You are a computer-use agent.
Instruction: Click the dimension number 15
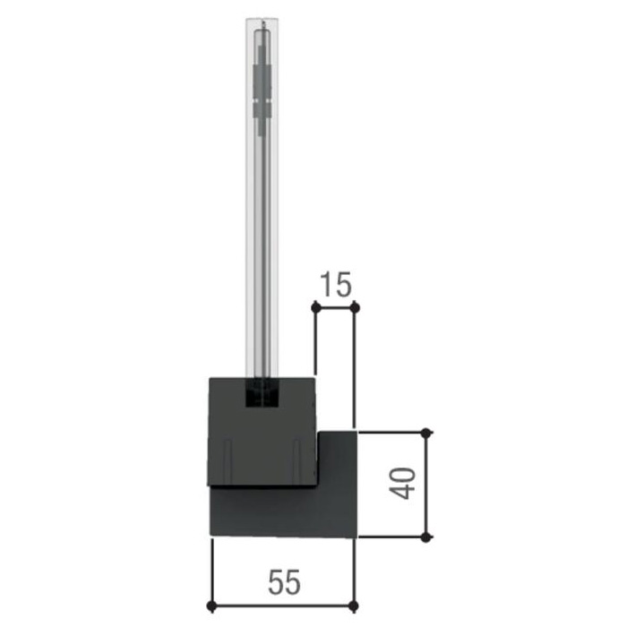pyautogui.click(x=336, y=285)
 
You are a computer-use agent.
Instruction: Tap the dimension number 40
pyautogui.click(x=403, y=484)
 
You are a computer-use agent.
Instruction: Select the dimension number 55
pyautogui.click(x=284, y=582)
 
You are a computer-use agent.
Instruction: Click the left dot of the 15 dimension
pyautogui.click(x=316, y=307)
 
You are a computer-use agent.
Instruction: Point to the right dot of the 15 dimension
pyautogui.click(x=355, y=307)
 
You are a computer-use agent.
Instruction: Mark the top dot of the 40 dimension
pyautogui.click(x=426, y=433)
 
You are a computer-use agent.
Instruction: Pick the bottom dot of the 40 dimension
pyautogui.click(x=426, y=537)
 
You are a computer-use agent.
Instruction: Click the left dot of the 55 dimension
pyautogui.click(x=212, y=606)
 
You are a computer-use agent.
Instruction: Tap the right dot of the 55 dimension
pyautogui.click(x=354, y=606)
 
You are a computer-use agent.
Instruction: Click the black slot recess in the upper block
pyautogui.click(x=262, y=392)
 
